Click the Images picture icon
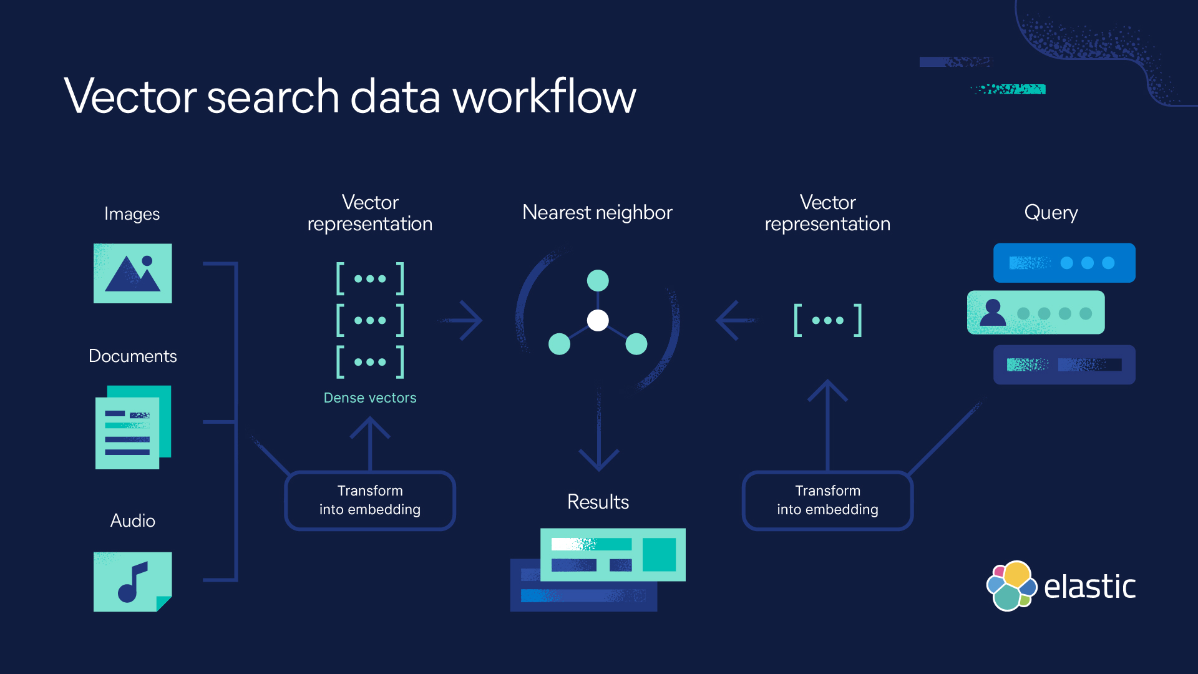coord(132,273)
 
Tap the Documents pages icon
coord(132,427)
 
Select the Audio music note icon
coord(132,582)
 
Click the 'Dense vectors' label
coord(370,398)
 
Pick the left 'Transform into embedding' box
coord(370,501)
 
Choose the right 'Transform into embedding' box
coord(827,501)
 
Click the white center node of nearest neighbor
coord(598,321)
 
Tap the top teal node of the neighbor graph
coord(598,281)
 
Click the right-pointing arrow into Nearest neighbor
coord(463,321)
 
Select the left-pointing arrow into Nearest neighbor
coord(735,321)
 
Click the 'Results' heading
coord(598,502)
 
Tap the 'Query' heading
coord(1051,213)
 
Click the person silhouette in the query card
coord(993,313)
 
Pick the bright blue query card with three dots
coord(1064,263)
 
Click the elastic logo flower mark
coord(1011,585)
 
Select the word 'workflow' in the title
coord(544,97)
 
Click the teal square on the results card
coord(659,554)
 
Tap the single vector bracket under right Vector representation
coord(827,321)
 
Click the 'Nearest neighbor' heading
coord(597,213)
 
